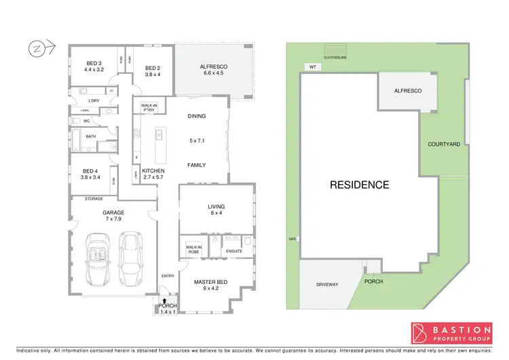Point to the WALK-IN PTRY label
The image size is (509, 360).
coord(149,107)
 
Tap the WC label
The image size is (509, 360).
coord(86,121)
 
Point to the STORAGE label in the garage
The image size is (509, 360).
coord(94,199)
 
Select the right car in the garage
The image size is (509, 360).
coord(130,258)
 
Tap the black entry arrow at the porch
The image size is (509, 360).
coord(164,300)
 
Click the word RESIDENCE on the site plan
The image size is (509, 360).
coord(360,184)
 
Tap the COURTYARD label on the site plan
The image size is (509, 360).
coord(444,144)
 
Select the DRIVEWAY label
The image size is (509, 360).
coord(328,284)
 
